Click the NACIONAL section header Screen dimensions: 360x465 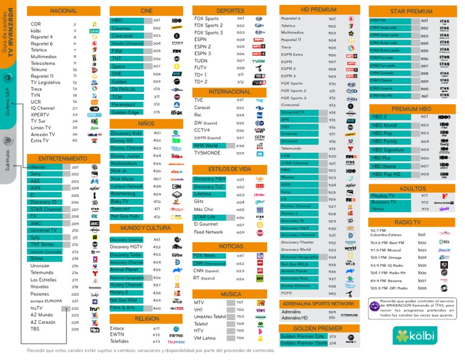(x=64, y=11)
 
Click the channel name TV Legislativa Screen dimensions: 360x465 (x=45, y=82)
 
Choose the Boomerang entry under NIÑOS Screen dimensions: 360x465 (x=124, y=194)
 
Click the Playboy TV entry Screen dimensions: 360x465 (x=383, y=196)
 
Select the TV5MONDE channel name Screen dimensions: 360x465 (x=208, y=153)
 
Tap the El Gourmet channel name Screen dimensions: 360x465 (x=206, y=224)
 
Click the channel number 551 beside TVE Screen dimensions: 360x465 (x=240, y=100)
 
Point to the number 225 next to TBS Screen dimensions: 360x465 (x=75, y=330)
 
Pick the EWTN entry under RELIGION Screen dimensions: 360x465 (x=117, y=334)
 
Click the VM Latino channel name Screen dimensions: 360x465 (x=205, y=338)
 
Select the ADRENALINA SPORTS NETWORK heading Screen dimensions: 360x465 (x=318, y=303)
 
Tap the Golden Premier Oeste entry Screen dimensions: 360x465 (x=303, y=343)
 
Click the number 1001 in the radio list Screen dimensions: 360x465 (x=421, y=235)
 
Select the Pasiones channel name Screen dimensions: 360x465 (x=40, y=294)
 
